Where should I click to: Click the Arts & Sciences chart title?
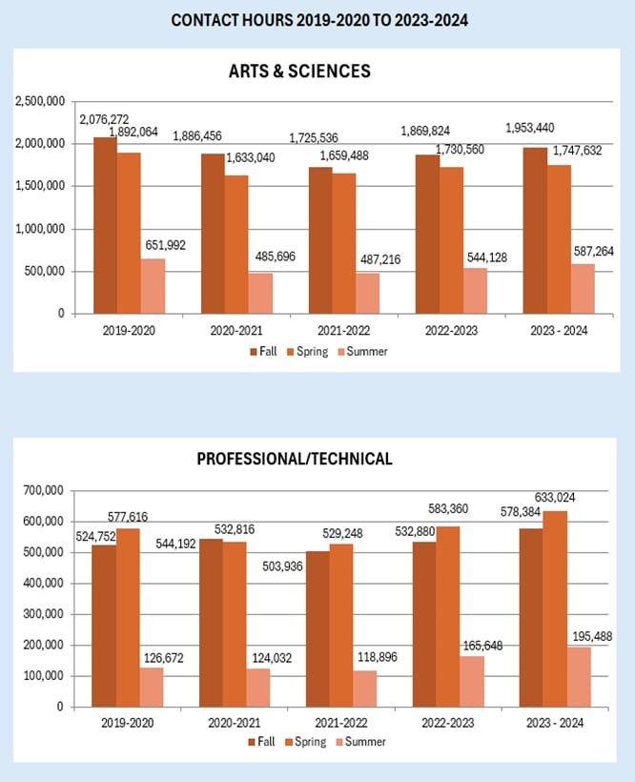pos(298,72)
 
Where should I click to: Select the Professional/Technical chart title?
pos(294,459)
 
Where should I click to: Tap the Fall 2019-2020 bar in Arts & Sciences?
pos(105,225)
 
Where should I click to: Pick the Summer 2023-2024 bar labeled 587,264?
pos(583,288)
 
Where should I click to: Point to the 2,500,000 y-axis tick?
pos(38,100)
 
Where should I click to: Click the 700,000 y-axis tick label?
pos(43,490)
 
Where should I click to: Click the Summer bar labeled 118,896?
pos(365,689)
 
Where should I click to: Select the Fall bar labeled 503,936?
pos(318,628)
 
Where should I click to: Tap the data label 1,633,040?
pos(256,157)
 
